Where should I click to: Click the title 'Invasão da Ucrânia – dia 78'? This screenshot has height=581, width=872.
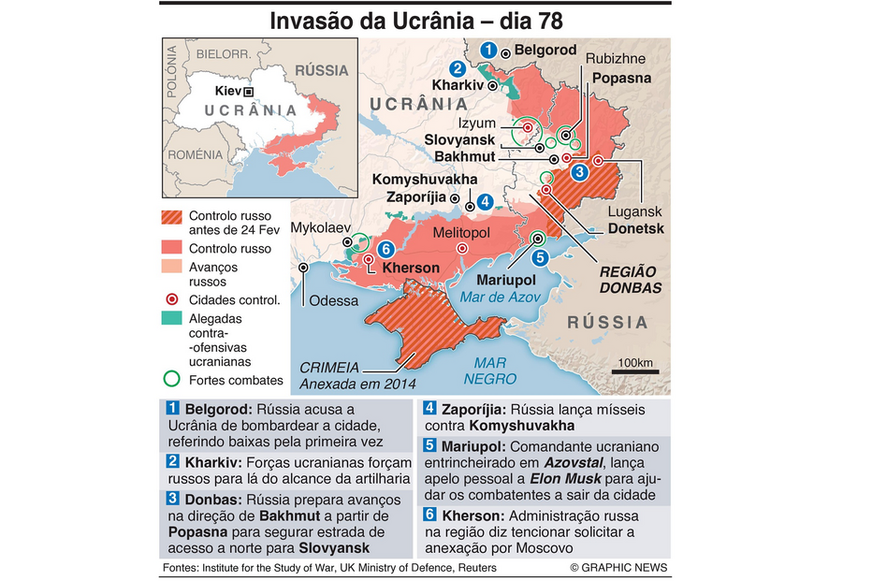[416, 21]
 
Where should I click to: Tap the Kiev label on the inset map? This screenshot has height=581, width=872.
[227, 92]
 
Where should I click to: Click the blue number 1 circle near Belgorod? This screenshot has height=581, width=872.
[487, 50]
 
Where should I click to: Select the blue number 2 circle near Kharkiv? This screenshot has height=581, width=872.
[457, 68]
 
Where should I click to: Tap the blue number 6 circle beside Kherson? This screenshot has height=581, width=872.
[385, 249]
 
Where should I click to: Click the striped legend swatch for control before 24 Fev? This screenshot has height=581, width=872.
[171, 217]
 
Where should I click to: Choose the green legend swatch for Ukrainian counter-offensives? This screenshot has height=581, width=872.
[171, 319]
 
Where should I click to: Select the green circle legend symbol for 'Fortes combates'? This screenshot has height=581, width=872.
[171, 380]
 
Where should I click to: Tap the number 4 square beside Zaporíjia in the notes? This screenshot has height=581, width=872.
[429, 409]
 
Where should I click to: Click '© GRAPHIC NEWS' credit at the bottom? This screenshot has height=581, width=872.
[619, 568]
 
